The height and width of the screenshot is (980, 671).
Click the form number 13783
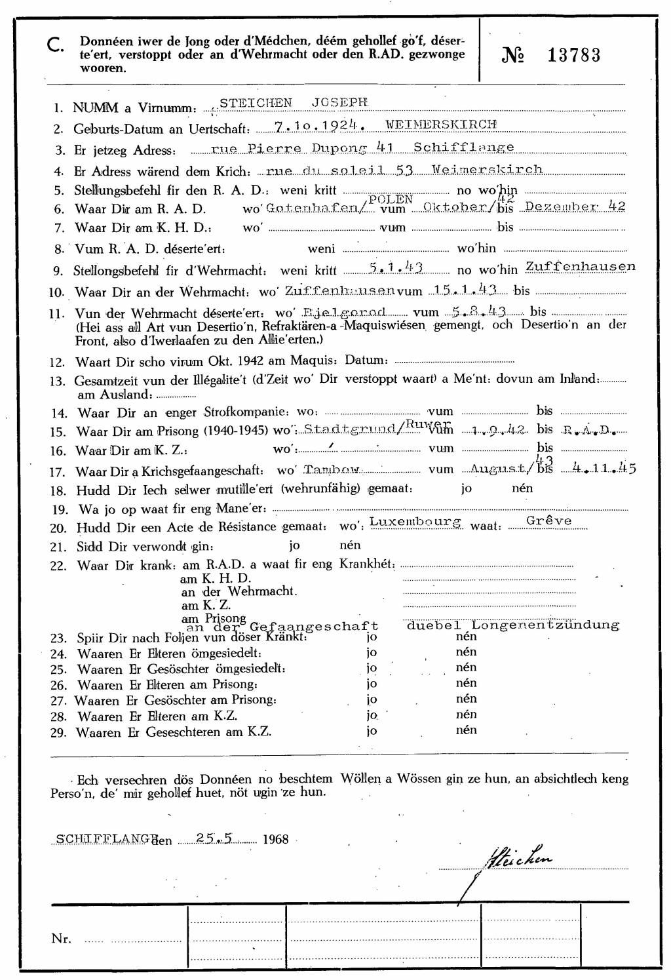point(573,56)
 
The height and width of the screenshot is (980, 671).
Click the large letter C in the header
point(56,45)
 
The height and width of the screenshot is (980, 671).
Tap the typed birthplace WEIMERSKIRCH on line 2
point(441,124)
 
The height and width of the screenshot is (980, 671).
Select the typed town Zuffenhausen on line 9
point(581,267)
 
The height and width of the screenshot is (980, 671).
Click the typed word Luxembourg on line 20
point(416,522)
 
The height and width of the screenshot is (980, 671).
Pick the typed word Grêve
point(549,521)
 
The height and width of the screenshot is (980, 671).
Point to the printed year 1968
point(275,839)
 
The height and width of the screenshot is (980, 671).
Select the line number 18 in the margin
point(58,491)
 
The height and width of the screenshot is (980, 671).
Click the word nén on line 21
point(350,545)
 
